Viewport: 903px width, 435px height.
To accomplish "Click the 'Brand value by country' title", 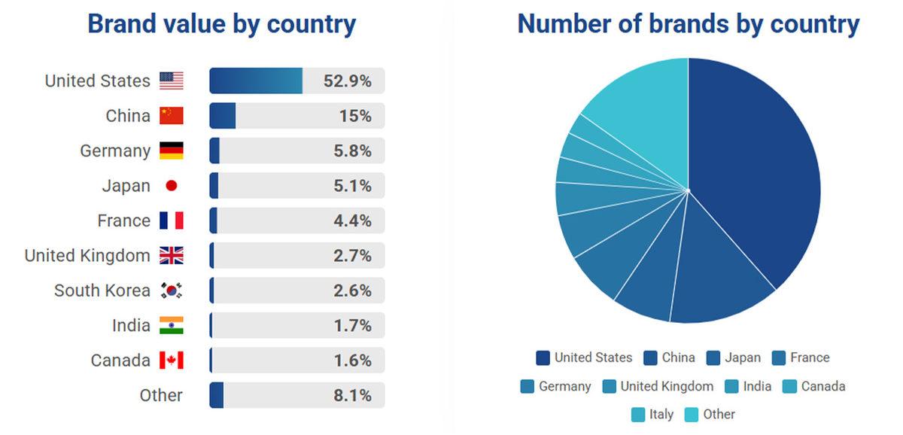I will tap(221, 24).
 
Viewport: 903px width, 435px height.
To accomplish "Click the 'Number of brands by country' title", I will tap(688, 24).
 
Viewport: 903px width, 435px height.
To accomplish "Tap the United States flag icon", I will tap(172, 81).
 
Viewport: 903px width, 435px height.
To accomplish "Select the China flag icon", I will tap(172, 116).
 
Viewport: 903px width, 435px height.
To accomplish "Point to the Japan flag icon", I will tap(171, 186).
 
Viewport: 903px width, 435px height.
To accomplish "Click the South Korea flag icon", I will tap(172, 291).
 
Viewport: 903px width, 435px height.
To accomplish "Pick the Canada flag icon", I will tap(172, 360).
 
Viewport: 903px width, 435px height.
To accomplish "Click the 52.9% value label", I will tap(347, 81).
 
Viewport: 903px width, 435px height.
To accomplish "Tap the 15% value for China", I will tap(354, 116).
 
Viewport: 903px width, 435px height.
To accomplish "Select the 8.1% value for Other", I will tap(351, 395).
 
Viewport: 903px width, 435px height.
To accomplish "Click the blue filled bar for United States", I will tap(256, 81).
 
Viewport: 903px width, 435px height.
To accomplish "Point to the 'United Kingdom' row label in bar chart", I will tap(87, 256).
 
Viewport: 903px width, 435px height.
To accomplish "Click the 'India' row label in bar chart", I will tap(131, 326).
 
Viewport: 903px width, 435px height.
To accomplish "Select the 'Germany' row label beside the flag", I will tap(115, 151).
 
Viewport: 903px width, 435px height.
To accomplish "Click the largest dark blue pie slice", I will tap(752, 173).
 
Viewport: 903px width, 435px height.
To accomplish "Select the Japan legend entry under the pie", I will tap(734, 358).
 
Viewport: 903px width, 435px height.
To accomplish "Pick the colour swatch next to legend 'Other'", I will tap(692, 415).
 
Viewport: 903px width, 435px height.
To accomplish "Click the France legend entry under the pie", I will tap(801, 358).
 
